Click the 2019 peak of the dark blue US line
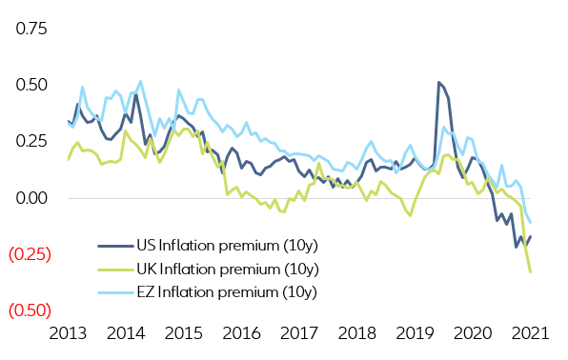[438, 83]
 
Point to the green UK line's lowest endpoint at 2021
[531, 272]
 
